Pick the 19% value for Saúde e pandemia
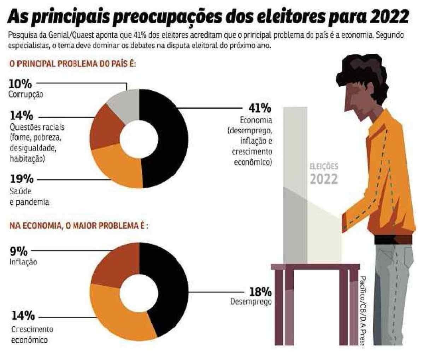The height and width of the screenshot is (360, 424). tap(22, 179)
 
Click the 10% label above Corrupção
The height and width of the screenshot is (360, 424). tap(20, 84)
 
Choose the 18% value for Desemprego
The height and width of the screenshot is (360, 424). tap(260, 292)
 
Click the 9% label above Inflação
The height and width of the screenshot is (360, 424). tap(19, 251)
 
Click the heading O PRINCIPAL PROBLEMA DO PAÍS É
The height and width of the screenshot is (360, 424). tap(72, 65)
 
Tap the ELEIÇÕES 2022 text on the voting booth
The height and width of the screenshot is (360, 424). tap(324, 174)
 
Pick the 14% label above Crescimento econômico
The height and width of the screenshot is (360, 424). tap(23, 316)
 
